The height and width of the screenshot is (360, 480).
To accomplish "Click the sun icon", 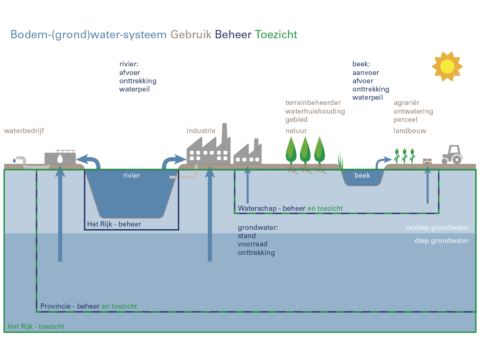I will tap(447, 66).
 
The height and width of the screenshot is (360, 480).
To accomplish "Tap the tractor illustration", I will tap(453, 155).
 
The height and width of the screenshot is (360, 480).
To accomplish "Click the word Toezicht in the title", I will tap(276, 34).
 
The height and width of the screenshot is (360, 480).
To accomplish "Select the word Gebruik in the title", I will tap(191, 34).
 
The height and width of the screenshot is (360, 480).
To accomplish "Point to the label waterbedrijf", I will tap(24, 131).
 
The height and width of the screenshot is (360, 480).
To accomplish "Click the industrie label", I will tap(201, 131).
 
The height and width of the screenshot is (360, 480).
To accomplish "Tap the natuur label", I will tap(296, 131).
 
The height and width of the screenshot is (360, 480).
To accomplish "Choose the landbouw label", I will tap(410, 131).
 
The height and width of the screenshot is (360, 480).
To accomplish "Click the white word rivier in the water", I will tap(132, 175).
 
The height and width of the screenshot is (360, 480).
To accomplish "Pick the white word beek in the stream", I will tap(362, 175).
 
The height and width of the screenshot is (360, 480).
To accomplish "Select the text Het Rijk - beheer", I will tap(114, 224).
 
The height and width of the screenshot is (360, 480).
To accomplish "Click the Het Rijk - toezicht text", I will tap(36, 327).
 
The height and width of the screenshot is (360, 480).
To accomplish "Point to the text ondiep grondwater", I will tap(438, 228).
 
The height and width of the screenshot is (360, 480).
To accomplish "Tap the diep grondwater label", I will tap(442, 241).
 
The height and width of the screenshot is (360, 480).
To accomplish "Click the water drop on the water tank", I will tap(60, 159).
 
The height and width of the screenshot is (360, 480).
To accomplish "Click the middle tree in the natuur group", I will tap(305, 150).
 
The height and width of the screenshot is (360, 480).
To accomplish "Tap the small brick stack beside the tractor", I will tap(427, 161).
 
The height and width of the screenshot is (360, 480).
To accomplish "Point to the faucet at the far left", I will tap(19, 159).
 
